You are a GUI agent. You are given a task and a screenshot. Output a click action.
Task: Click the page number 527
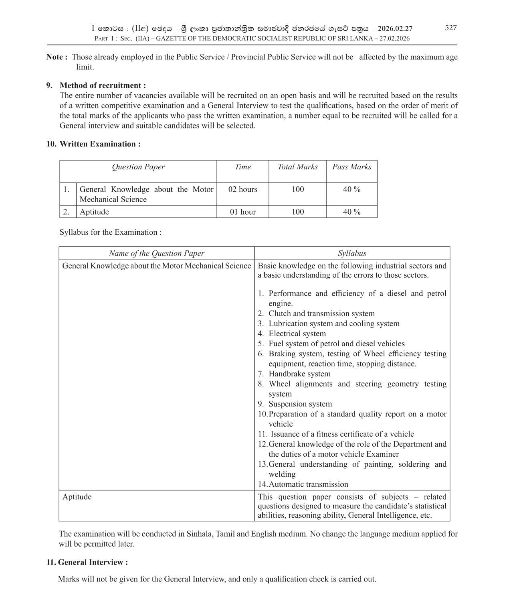click(450, 28)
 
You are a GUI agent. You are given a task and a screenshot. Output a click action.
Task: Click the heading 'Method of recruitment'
click(102, 85)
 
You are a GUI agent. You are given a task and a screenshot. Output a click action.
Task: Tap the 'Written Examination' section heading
click(99, 144)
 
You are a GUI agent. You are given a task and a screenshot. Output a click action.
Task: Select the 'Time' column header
click(242, 167)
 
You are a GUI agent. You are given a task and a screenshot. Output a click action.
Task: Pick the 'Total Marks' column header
click(297, 167)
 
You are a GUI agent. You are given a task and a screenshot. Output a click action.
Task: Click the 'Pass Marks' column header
click(351, 167)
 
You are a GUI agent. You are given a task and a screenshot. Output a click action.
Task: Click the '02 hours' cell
click(242, 189)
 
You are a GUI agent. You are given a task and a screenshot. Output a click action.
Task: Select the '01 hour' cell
click(242, 212)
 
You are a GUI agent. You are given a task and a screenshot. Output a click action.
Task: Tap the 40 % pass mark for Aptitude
click(351, 212)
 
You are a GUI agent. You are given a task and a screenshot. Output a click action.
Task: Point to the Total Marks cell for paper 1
click(297, 189)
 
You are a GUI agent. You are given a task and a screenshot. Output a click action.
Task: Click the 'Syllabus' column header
click(352, 253)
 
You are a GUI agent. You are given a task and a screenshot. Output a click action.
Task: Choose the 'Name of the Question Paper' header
click(156, 253)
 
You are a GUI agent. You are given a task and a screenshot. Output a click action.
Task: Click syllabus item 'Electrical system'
click(297, 333)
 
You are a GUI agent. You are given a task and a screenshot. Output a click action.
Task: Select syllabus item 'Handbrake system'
click(299, 374)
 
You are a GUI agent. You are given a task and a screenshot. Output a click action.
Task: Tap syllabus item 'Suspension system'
click(300, 404)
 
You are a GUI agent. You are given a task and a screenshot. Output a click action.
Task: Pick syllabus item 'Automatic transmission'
click(308, 484)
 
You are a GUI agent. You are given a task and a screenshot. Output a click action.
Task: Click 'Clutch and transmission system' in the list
click(321, 313)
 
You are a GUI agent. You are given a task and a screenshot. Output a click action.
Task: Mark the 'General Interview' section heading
click(93, 562)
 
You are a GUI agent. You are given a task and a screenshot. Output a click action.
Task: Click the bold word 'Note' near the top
click(55, 57)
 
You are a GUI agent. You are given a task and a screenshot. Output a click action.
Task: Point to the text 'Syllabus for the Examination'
click(110, 232)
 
